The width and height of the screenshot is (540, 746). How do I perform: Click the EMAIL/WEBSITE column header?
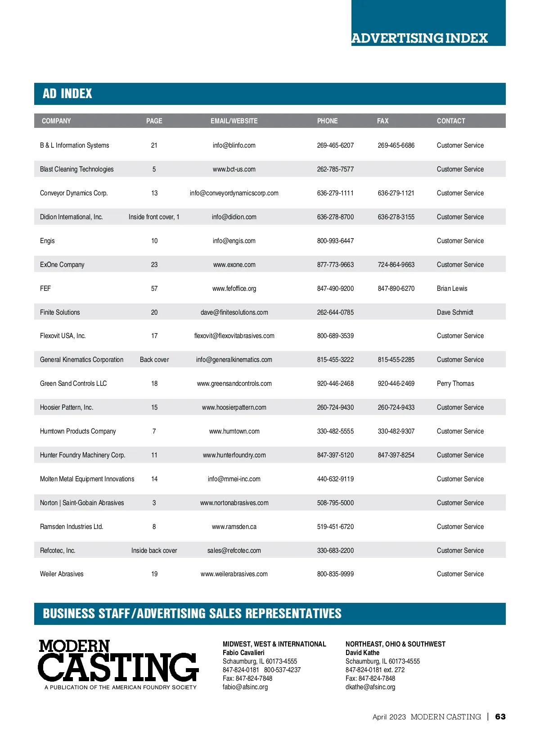point(234,121)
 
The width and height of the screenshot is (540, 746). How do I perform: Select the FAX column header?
point(382,121)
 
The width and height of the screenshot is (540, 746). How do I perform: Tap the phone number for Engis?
point(335,241)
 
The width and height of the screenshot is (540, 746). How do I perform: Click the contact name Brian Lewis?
point(452,289)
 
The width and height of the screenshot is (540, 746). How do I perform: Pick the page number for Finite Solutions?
point(154,312)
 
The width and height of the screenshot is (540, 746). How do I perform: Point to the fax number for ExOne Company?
point(396,265)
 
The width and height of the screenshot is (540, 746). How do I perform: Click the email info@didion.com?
point(234,217)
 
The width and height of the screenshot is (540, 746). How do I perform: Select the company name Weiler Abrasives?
point(62,574)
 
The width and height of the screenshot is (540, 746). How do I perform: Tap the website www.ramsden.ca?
point(234,527)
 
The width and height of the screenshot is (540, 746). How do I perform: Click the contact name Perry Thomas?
point(455,384)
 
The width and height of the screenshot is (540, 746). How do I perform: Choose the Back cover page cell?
point(154,360)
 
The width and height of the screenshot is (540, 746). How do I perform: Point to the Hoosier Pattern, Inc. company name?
point(67,407)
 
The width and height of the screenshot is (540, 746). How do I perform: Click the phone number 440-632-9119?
point(335,479)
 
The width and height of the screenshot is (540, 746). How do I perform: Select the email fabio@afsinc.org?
point(245,687)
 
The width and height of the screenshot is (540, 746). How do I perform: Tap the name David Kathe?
point(362,653)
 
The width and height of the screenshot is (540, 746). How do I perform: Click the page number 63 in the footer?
point(500,717)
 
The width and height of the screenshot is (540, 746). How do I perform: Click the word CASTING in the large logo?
point(118,667)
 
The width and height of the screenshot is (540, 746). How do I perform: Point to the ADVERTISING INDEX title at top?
point(419,38)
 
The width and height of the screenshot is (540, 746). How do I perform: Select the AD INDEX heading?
point(67,94)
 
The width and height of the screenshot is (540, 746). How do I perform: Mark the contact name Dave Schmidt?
point(455,312)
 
